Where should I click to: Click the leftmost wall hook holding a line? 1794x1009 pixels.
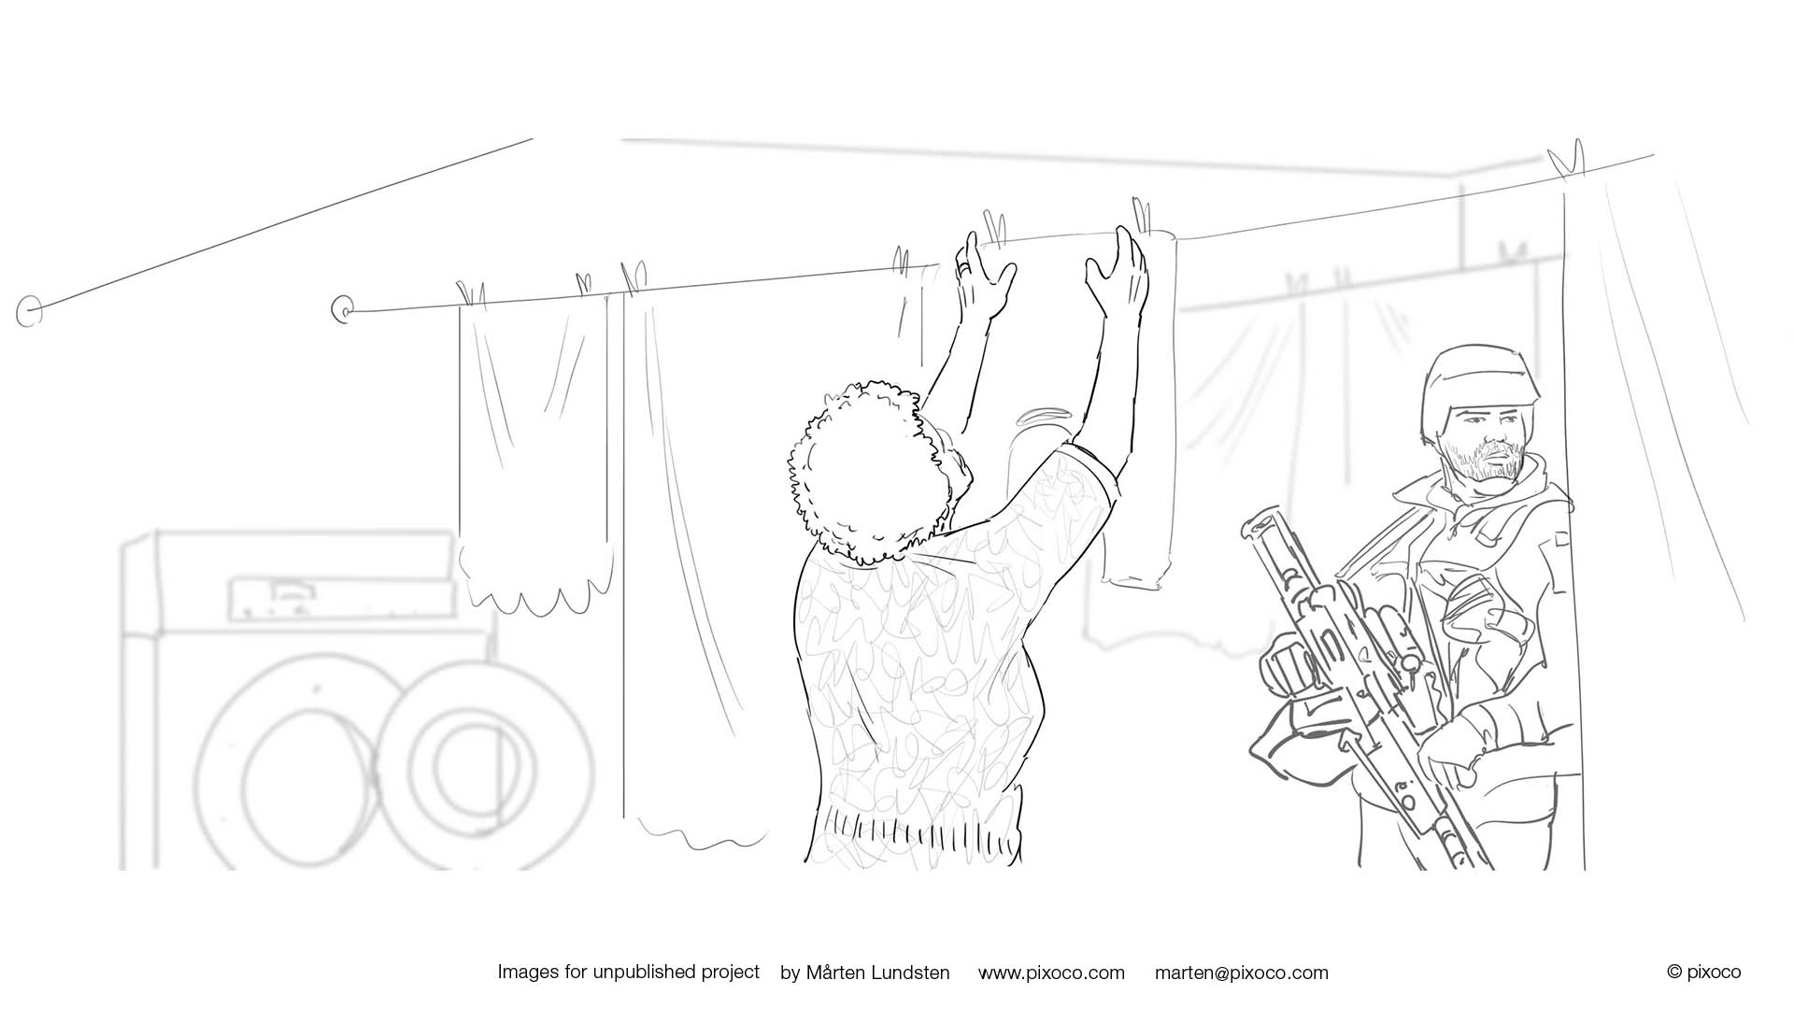pyautogui.click(x=30, y=312)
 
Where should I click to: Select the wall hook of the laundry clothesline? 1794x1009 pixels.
pyautogui.click(x=343, y=309)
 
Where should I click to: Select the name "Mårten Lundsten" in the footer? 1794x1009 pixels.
pyautogui.click(x=877, y=973)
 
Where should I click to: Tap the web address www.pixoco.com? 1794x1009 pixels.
pyautogui.click(x=1051, y=973)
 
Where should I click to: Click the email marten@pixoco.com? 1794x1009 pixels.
pyautogui.click(x=1241, y=973)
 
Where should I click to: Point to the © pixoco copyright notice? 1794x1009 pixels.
pyautogui.click(x=1703, y=972)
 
